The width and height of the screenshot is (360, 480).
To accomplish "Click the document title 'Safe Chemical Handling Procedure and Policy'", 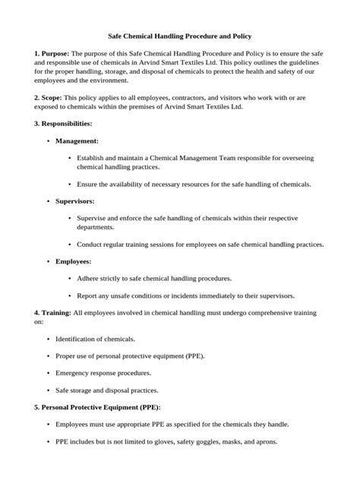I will coord(180,36).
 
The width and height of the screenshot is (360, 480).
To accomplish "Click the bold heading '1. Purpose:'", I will coord(51,54).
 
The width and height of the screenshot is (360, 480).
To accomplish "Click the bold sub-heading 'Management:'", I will coord(77,141).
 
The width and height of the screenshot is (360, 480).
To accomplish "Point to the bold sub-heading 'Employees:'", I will coord(74,261).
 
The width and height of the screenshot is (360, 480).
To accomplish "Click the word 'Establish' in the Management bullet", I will coord(92,158).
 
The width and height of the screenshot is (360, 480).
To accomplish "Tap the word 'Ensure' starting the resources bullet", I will coord(89,184).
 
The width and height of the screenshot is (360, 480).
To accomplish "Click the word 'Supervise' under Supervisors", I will coord(93,218).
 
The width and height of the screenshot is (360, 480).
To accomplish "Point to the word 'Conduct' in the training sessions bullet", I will coord(91,244).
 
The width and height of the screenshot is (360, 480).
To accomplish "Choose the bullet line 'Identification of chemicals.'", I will coord(95,338).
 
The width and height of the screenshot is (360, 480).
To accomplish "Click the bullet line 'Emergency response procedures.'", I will coord(103,372).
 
